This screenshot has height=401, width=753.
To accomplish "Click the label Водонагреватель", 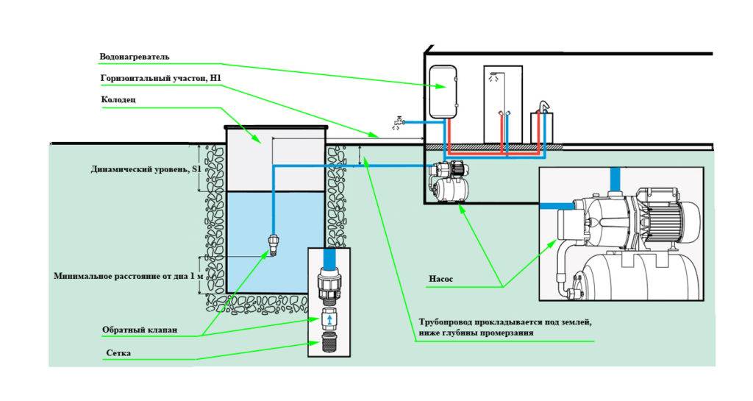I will (135, 57).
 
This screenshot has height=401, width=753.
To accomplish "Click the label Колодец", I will (117, 99).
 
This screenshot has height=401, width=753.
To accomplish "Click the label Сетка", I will (118, 354).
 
